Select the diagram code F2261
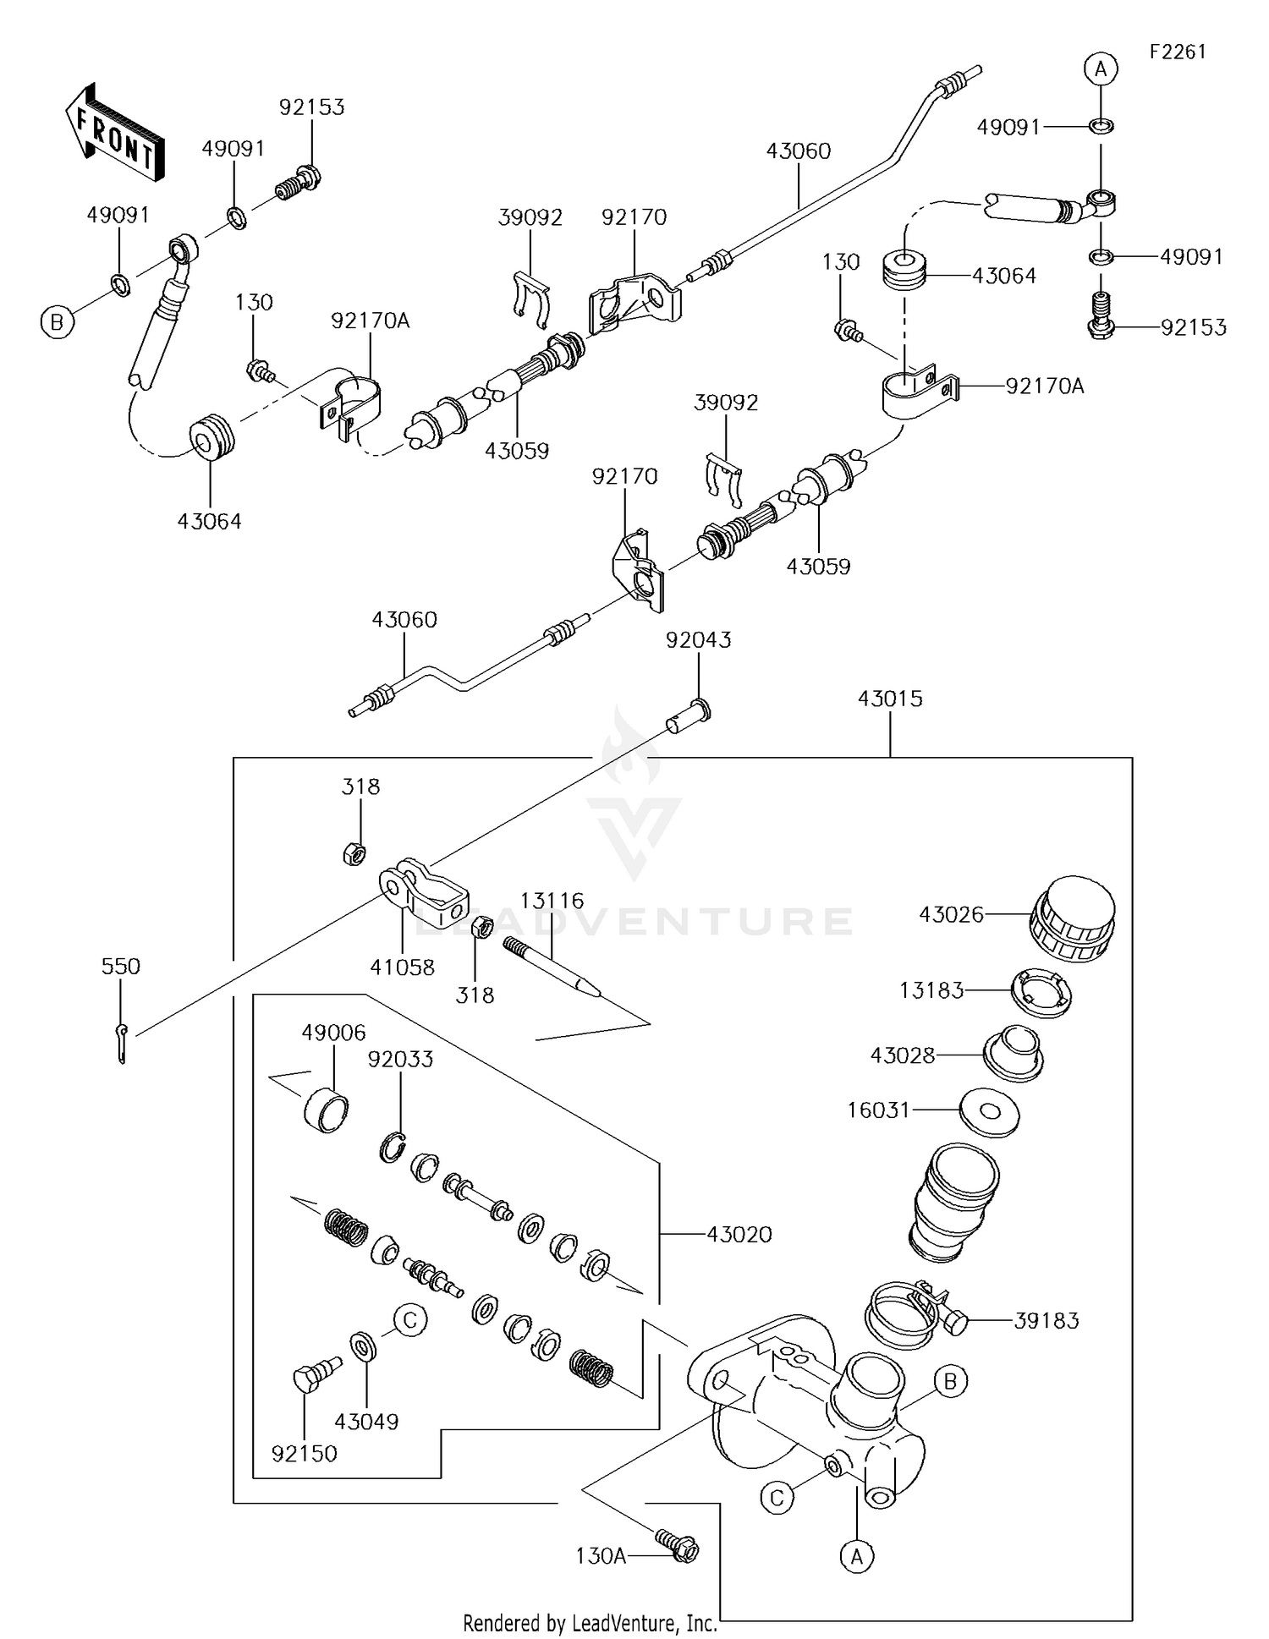pos(1177,52)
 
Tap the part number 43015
pos(890,699)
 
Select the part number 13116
pos(552,901)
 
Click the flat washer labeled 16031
pos(990,1111)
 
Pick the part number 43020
pos(739,1235)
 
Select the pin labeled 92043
pos(688,717)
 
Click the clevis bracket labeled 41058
pos(423,894)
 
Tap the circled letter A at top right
pos(1101,69)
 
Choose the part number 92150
pos(304,1453)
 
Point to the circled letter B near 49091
pos(58,322)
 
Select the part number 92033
pos(400,1059)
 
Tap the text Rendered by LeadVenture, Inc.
pos(590,1623)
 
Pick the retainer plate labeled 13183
pos(1042,992)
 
